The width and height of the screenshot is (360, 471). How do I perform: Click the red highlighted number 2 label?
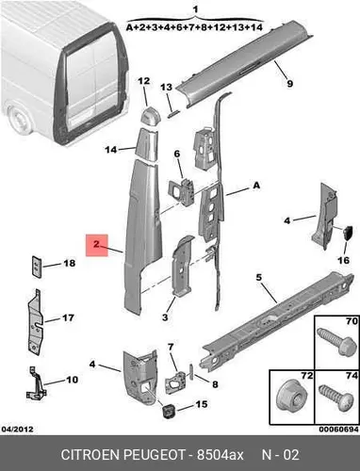(x=97, y=245)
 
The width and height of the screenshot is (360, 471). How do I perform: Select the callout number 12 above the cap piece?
(x=144, y=81)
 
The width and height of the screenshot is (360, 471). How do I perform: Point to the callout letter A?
(x=256, y=186)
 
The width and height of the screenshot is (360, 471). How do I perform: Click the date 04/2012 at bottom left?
(x=18, y=430)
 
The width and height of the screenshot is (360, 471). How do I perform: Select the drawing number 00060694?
(x=338, y=430)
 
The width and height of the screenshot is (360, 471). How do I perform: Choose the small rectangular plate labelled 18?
(x=37, y=267)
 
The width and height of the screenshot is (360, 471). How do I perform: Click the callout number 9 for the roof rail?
(x=289, y=84)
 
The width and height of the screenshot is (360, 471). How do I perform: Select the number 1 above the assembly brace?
(x=196, y=9)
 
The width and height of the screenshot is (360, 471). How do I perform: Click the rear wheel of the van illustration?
(x=18, y=121)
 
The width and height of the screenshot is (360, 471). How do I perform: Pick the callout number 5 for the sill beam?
(x=258, y=278)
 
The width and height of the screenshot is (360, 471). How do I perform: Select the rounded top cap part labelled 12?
(x=149, y=117)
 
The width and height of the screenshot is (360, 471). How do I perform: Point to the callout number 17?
(x=68, y=317)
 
